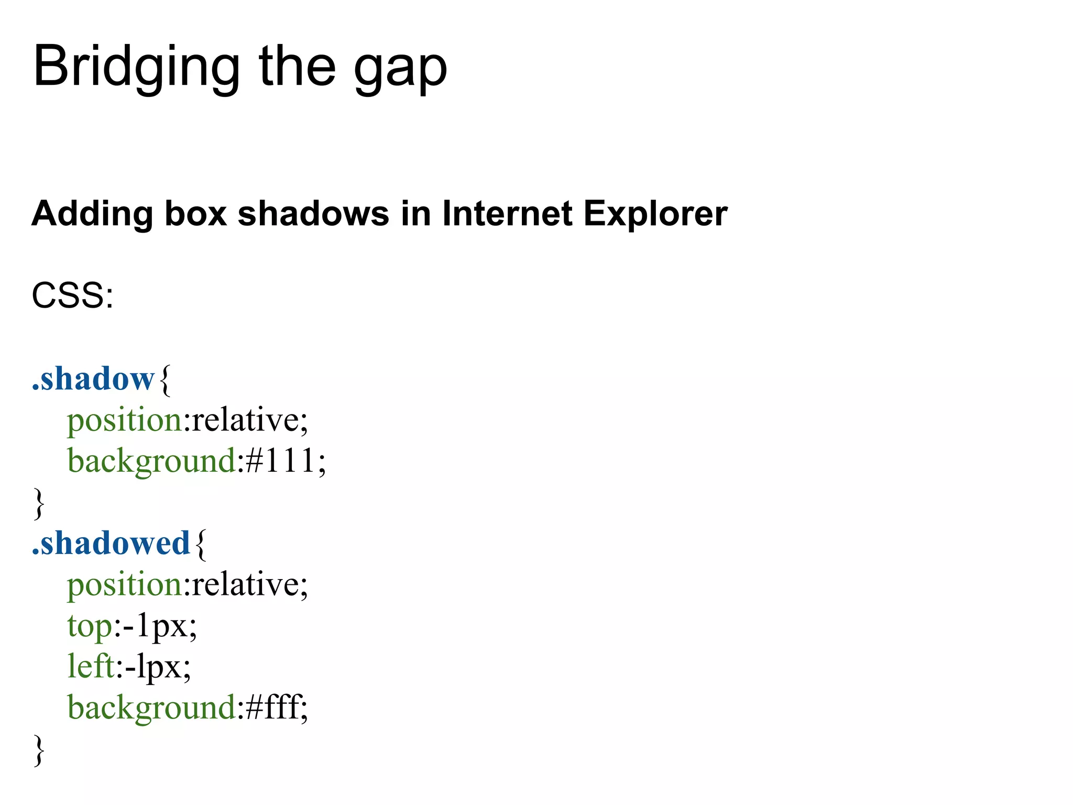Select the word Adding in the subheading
(x=92, y=215)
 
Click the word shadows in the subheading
(x=313, y=214)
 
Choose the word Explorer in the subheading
(x=655, y=215)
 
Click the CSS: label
(x=72, y=296)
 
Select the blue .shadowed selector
(x=111, y=543)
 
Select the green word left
(x=91, y=667)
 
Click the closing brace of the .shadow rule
(x=39, y=504)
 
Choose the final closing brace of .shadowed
(x=39, y=750)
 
